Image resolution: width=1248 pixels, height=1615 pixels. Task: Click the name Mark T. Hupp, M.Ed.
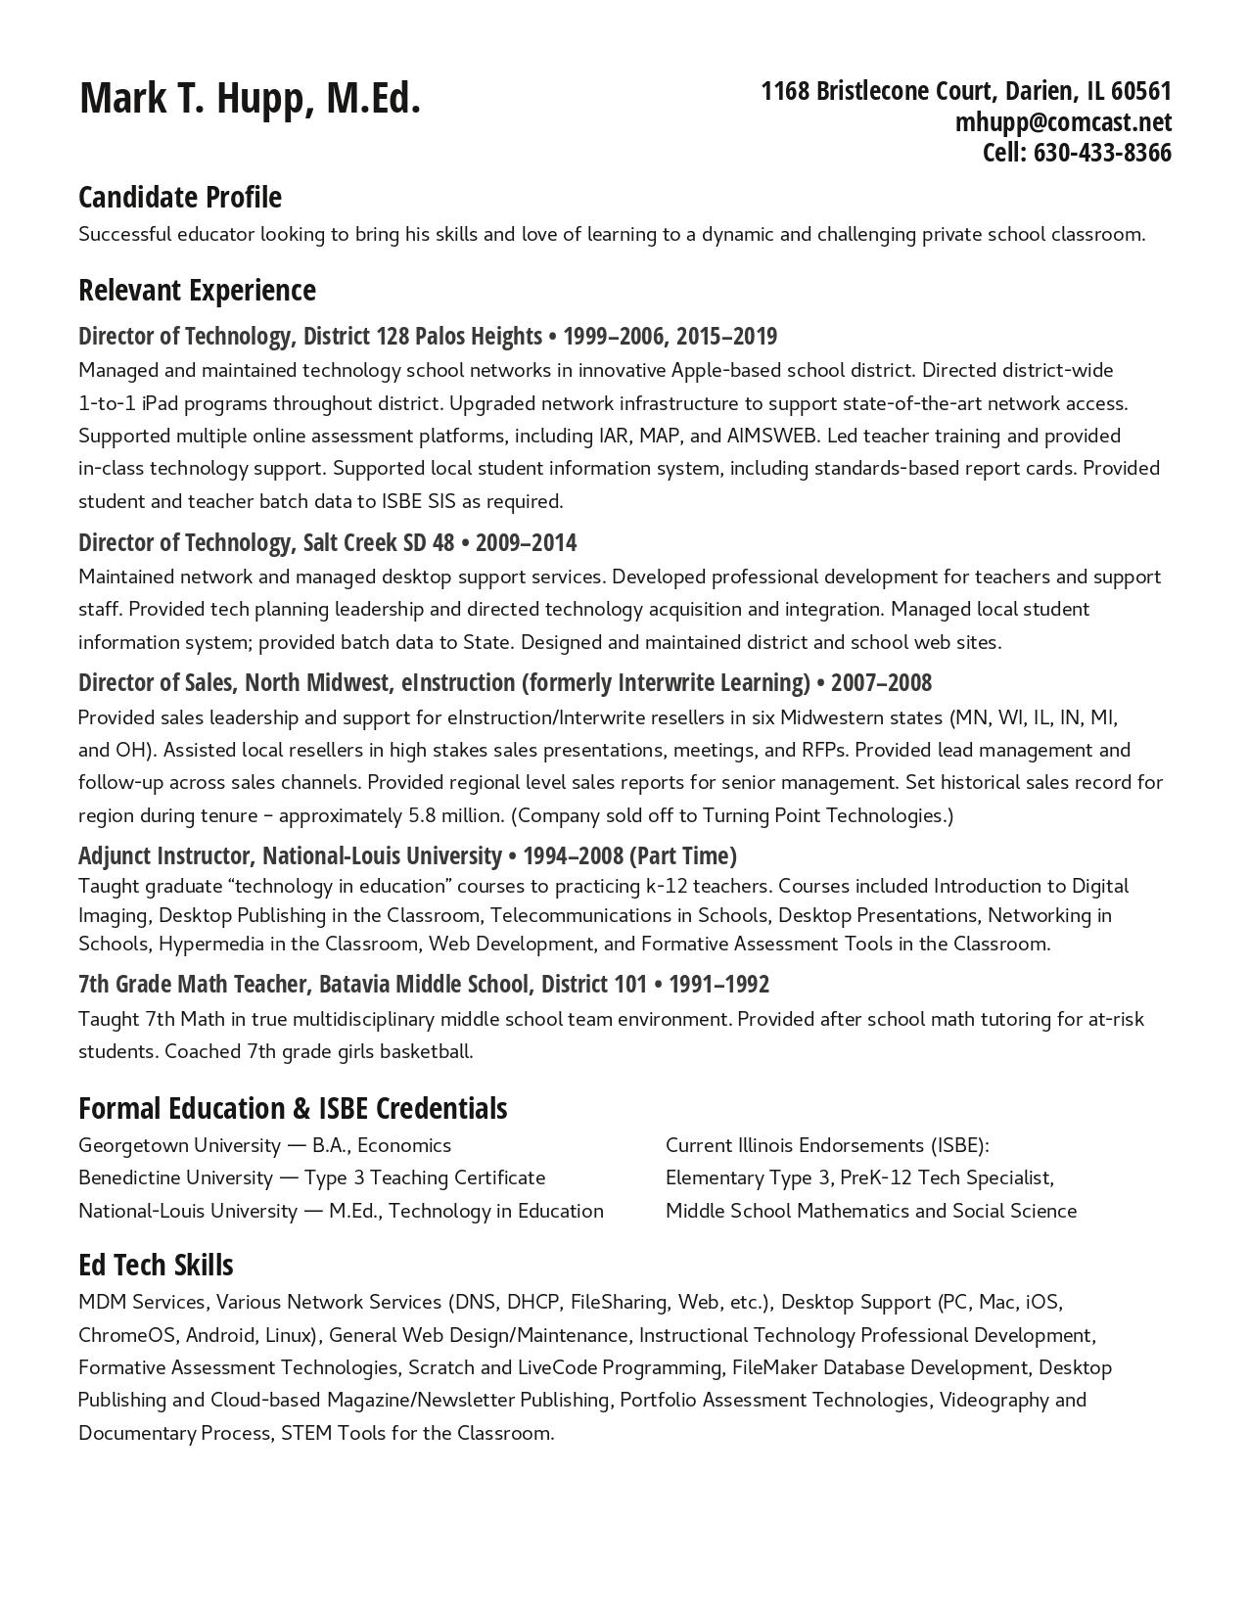point(250,99)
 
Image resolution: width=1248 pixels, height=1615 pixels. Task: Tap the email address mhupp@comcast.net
point(1063,122)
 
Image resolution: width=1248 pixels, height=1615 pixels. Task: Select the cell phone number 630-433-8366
point(1102,153)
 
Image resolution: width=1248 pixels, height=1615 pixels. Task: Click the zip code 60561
point(1141,91)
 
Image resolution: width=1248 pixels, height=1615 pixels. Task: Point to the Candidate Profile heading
point(180,197)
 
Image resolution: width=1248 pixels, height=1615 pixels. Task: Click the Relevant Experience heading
point(197,290)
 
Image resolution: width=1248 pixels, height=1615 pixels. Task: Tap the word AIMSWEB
point(772,436)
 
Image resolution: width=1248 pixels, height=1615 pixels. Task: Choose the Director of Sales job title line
point(504,682)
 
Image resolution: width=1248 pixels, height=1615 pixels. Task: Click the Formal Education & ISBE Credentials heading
point(293,1108)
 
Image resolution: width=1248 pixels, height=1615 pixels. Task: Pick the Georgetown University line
point(264,1145)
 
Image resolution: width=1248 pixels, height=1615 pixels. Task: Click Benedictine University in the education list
point(175,1177)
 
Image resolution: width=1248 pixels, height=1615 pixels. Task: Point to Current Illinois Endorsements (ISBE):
point(827,1145)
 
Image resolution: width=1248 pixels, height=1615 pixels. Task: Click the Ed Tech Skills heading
point(156,1265)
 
